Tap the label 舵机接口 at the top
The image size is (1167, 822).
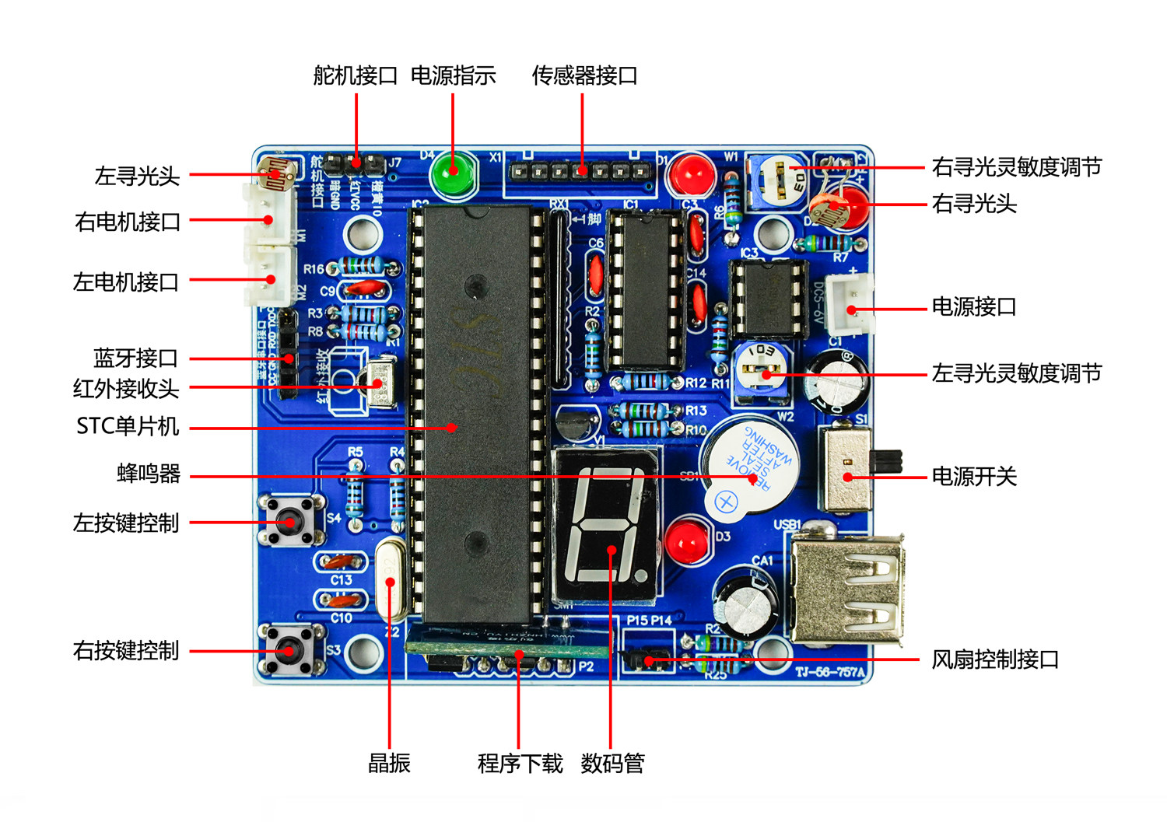pyautogui.click(x=356, y=75)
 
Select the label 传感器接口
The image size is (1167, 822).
pyautogui.click(x=584, y=75)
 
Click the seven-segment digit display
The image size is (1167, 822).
pyautogui.click(x=606, y=524)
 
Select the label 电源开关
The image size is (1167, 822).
pyautogui.click(x=974, y=477)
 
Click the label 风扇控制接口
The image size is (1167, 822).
pyautogui.click(x=995, y=659)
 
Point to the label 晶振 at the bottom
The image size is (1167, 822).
pyautogui.click(x=389, y=763)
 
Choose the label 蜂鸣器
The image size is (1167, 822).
pyautogui.click(x=149, y=473)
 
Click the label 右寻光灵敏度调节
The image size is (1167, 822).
pyautogui.click(x=1016, y=167)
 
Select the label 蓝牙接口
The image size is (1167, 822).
pyautogui.click(x=136, y=359)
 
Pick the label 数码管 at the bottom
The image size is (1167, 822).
pyautogui.click(x=612, y=763)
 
